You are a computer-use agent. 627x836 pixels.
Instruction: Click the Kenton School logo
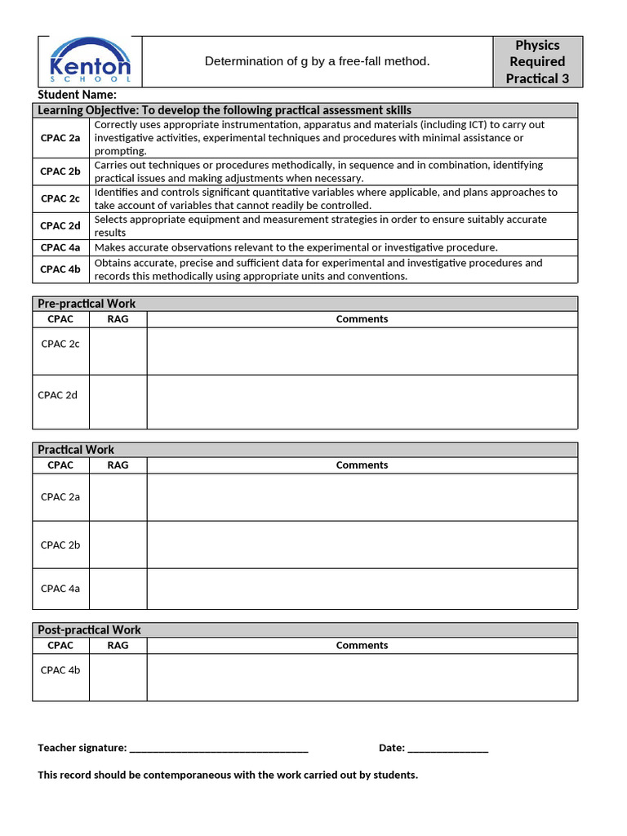[x=90, y=61]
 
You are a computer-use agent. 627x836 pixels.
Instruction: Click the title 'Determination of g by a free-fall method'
[x=317, y=61]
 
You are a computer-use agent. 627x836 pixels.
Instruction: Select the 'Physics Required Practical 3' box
[x=537, y=62]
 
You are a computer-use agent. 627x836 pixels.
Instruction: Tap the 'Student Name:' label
[x=77, y=96]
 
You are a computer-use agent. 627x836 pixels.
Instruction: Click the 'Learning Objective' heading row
[x=225, y=110]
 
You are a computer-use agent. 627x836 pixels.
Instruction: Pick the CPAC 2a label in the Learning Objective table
[x=60, y=138]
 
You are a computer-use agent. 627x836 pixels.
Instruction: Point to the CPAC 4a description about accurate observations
[x=296, y=247]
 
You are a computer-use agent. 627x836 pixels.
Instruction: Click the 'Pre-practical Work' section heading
[x=87, y=304]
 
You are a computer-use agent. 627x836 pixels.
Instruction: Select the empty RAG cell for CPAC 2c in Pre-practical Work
[x=118, y=351]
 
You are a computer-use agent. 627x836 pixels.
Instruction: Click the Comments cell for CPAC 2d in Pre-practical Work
[x=362, y=402]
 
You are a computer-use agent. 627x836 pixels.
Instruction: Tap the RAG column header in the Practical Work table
[x=118, y=465]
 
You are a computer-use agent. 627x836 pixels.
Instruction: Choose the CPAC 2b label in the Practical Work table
[x=60, y=545]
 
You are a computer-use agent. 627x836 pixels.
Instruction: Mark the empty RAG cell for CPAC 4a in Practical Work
[x=118, y=589]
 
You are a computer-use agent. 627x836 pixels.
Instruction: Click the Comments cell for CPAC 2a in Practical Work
[x=362, y=497]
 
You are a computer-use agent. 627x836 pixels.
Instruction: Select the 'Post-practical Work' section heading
[x=89, y=630]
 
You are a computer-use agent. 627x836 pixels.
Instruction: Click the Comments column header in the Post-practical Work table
[x=362, y=646]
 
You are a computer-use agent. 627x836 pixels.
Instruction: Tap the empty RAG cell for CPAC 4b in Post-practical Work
[x=118, y=677]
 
